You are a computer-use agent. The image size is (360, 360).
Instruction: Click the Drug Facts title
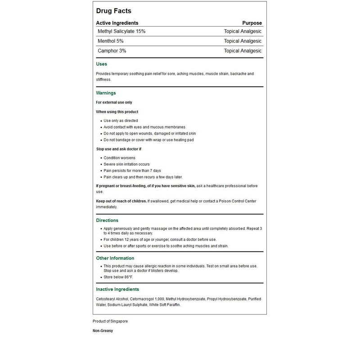[113, 11]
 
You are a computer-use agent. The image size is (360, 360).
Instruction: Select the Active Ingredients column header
[117, 23]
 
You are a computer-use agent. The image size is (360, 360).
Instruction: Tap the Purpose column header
[252, 23]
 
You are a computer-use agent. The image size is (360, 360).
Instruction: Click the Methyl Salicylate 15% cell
[121, 31]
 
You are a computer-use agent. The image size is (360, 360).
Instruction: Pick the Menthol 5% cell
[110, 41]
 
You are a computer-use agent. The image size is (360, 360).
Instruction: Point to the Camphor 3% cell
[112, 51]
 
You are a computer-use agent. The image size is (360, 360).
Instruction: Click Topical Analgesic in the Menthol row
[243, 41]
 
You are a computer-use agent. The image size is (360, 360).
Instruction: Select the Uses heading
[102, 64]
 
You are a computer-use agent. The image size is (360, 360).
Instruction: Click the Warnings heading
[106, 93]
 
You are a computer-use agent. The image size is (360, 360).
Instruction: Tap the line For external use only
[114, 103]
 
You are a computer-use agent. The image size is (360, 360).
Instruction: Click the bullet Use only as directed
[121, 121]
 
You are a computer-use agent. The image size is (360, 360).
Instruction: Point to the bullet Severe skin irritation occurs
[126, 164]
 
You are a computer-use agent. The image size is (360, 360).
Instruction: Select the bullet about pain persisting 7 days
[126, 171]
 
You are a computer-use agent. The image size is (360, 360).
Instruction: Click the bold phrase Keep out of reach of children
[121, 201]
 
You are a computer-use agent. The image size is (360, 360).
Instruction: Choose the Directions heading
[107, 220]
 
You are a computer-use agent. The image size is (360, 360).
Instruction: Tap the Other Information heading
[115, 258]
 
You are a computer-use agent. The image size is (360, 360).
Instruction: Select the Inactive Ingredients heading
[117, 289]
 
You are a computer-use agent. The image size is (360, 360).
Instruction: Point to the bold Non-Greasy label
[103, 331]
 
